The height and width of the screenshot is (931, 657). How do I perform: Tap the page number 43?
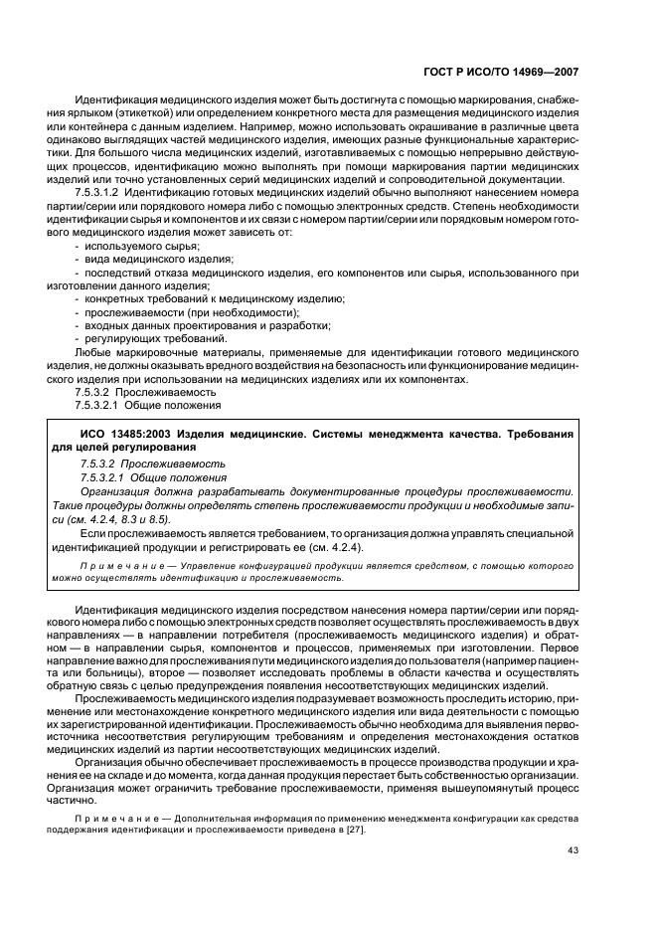(x=573, y=848)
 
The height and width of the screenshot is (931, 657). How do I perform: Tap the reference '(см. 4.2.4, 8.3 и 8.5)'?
(x=123, y=518)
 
